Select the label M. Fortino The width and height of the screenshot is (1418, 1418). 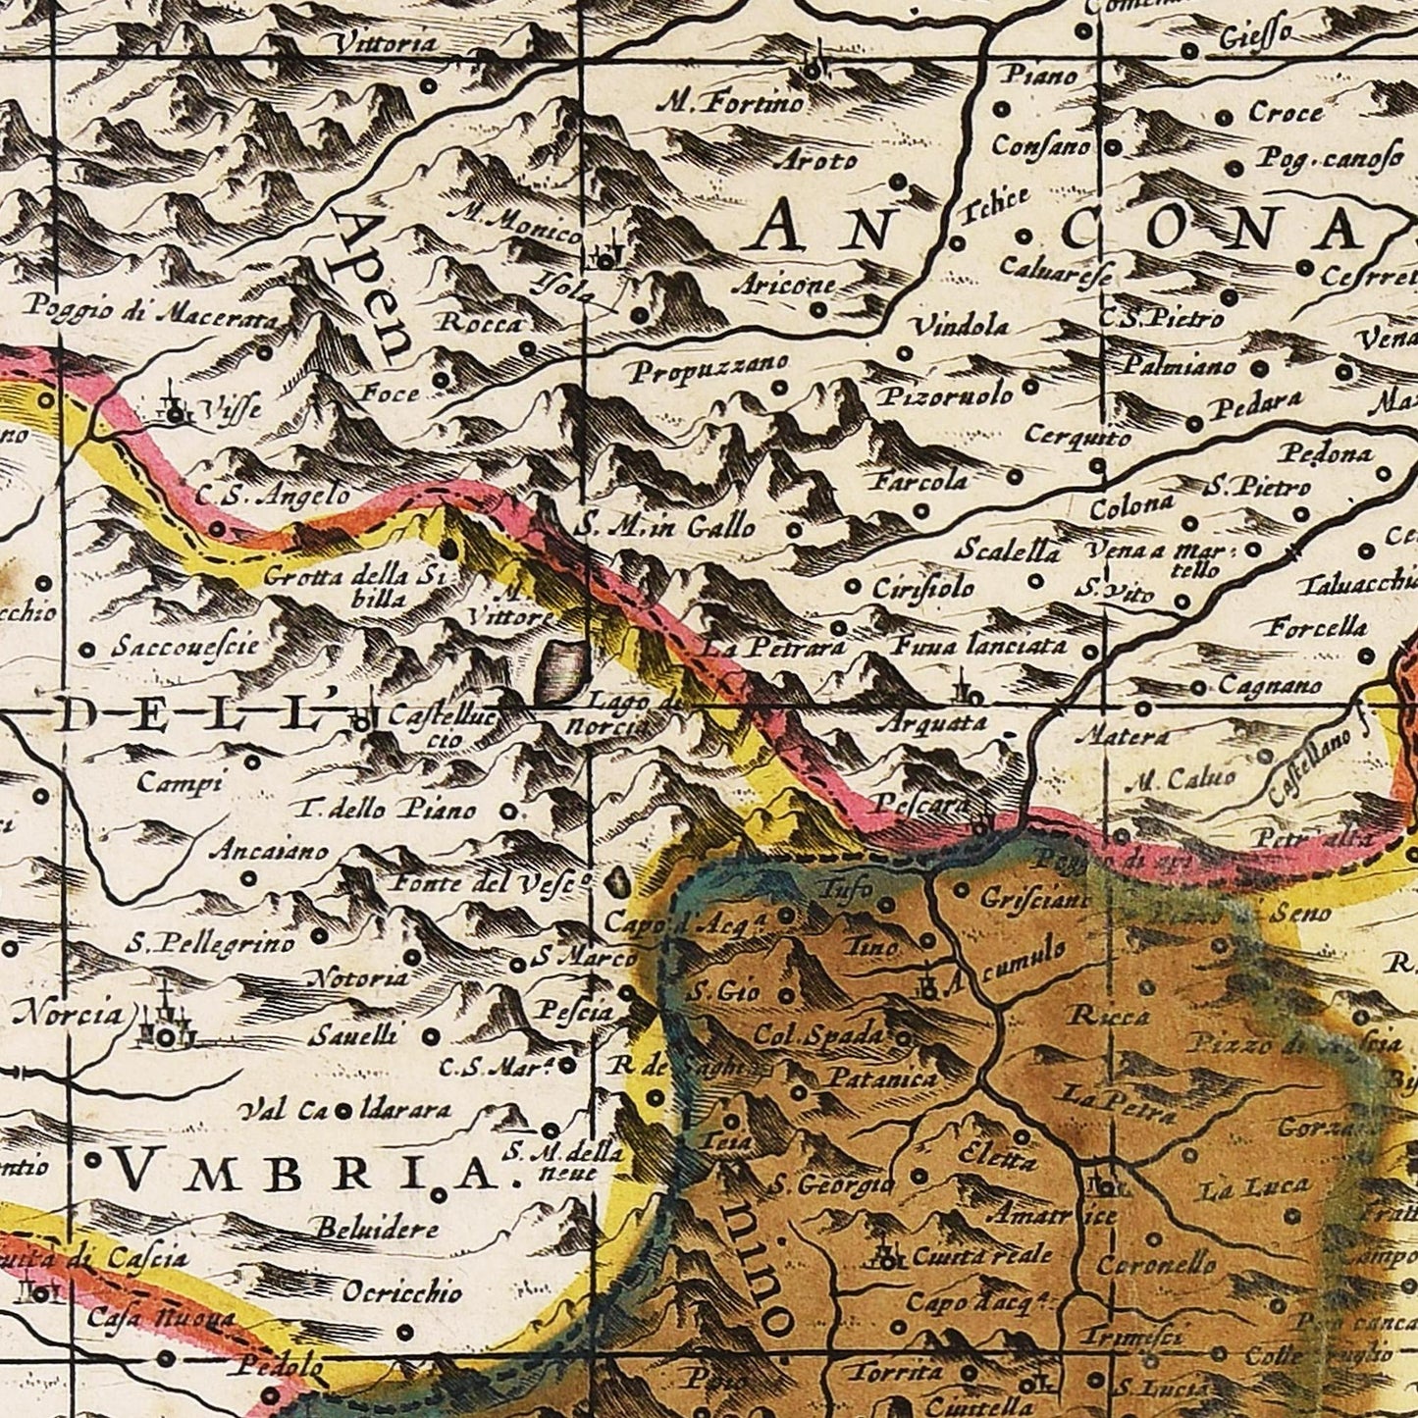(x=732, y=102)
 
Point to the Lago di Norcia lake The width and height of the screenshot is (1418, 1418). (x=561, y=672)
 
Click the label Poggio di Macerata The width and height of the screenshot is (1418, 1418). (x=151, y=313)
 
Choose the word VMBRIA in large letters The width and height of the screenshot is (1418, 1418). (x=309, y=1172)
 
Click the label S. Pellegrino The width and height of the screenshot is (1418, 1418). (x=210, y=945)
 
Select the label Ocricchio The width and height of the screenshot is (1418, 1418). (x=401, y=1291)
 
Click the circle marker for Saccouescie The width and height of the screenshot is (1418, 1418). (x=87, y=649)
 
